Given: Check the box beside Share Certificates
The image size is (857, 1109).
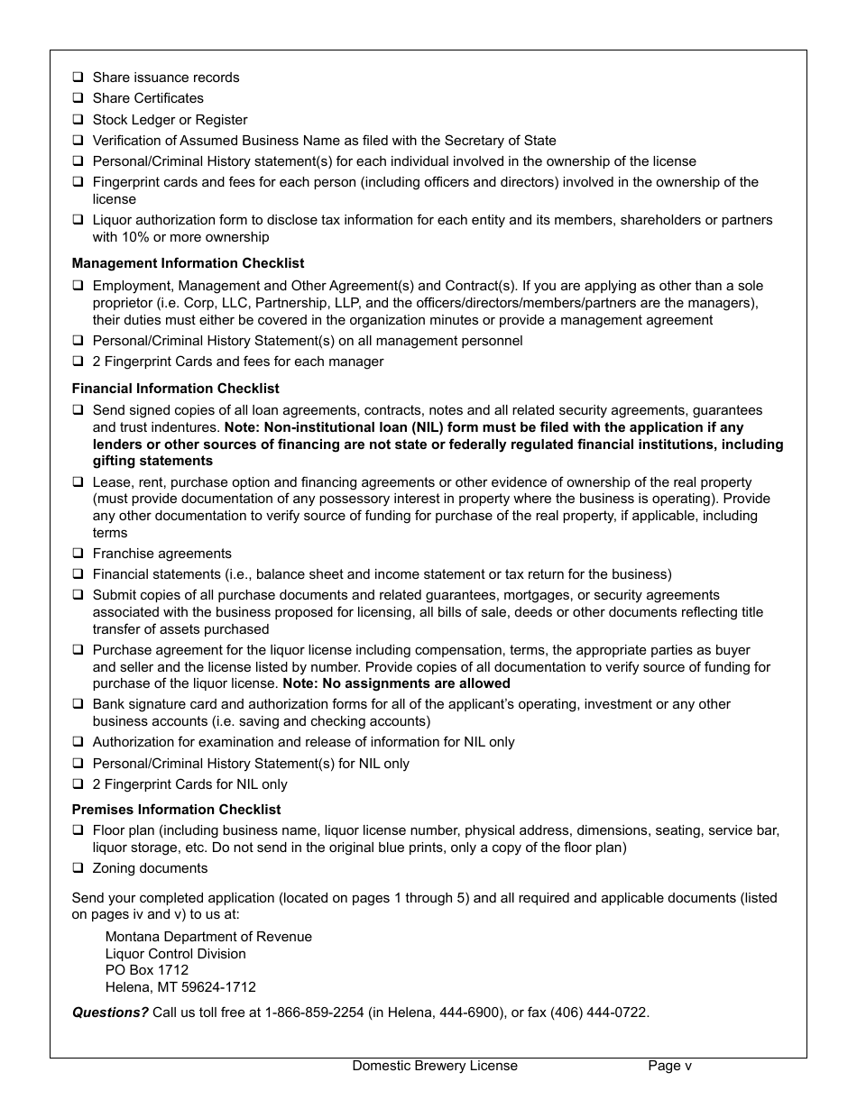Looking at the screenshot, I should point(78,98).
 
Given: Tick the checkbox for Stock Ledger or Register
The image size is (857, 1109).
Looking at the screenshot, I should point(78,120).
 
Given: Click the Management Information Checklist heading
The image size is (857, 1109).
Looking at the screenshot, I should point(188,263).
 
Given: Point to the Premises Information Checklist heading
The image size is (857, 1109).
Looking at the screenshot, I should point(176,810).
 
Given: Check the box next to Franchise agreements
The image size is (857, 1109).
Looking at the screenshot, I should point(78,554).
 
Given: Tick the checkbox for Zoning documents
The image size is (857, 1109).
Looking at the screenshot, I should point(78,868).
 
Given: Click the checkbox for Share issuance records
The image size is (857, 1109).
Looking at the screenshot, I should point(78,78).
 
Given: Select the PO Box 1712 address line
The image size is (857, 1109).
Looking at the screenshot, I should point(147,970).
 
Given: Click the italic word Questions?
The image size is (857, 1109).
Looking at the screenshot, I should point(110,1013).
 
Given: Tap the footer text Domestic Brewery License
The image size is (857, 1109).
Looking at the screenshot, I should point(435,1066).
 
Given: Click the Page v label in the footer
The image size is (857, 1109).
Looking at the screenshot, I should point(669,1066).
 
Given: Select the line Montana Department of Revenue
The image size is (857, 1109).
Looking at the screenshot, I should point(208,937).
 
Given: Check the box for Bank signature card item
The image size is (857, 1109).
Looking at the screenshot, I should point(78,704).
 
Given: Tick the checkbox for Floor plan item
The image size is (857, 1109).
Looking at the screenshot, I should point(78,830).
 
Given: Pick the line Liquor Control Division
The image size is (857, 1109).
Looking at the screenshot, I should point(175,954).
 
